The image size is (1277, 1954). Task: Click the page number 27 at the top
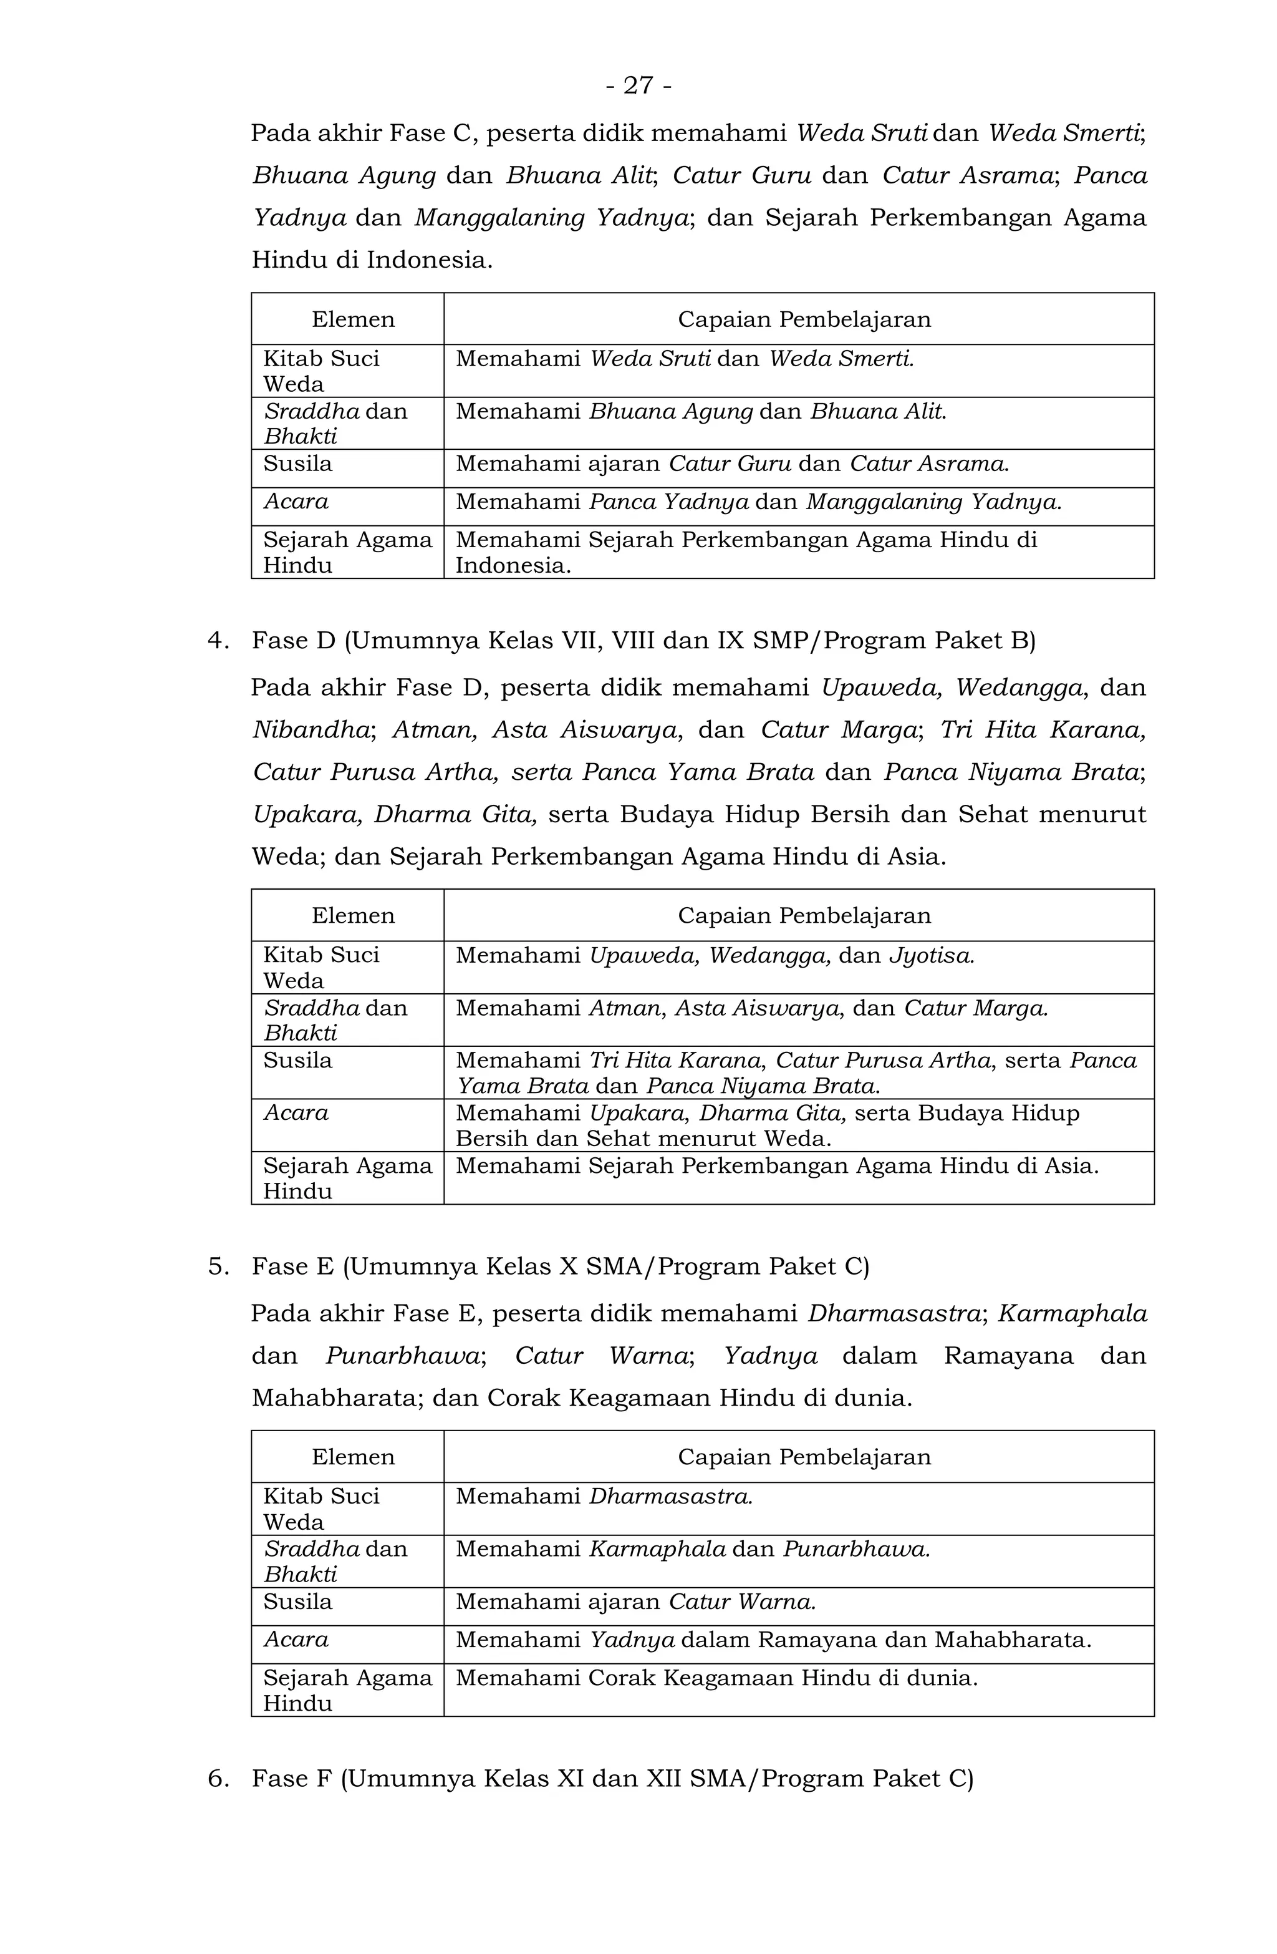click(x=638, y=85)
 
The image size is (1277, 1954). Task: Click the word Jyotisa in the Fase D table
click(x=932, y=956)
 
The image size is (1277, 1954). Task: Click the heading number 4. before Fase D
click(x=218, y=641)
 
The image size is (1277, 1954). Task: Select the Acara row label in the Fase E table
click(x=296, y=1640)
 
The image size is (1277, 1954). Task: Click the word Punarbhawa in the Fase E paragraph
click(x=402, y=1356)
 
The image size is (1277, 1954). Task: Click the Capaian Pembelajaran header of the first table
click(x=804, y=319)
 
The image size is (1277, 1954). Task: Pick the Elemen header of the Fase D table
click(x=353, y=915)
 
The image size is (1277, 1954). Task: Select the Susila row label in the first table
click(x=297, y=464)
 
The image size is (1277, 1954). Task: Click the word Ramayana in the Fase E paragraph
click(x=1008, y=1356)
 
